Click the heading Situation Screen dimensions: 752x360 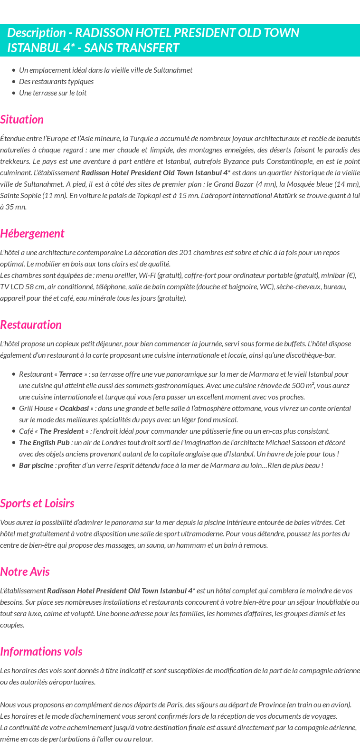pos(22,119)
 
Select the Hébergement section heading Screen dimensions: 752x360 pos(32,233)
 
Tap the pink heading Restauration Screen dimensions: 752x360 pos(31,324)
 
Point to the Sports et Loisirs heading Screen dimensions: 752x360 pos(37,503)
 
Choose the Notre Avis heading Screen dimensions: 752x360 pos(25,571)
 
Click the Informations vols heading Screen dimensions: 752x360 pos(41,651)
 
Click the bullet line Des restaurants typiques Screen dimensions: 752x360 pos(56,81)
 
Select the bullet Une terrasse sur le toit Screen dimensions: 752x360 pos(53,93)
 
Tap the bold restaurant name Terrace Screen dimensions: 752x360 pos(71,374)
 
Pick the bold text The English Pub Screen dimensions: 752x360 pos(44,442)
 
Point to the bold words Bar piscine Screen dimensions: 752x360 pos(36,465)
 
